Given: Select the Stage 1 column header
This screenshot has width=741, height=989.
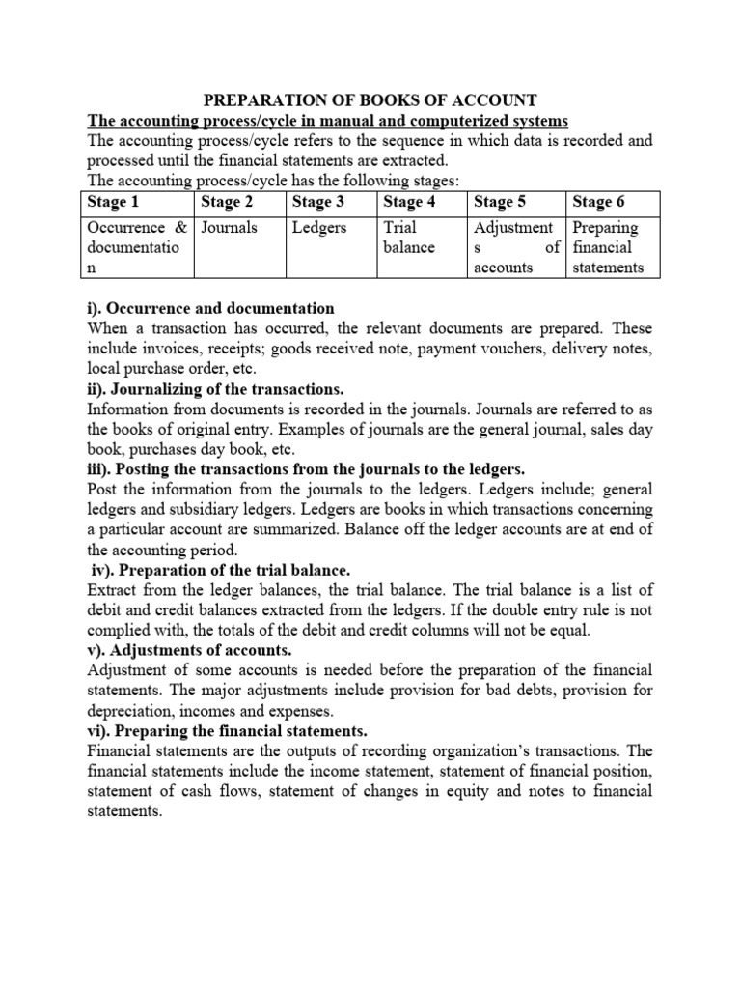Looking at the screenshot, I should pyautogui.click(x=113, y=202).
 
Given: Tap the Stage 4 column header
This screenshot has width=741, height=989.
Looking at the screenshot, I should pyautogui.click(x=409, y=202).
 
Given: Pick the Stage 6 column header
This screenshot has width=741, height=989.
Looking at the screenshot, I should pyautogui.click(x=598, y=202).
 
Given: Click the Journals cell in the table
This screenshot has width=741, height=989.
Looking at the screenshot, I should pyautogui.click(x=228, y=228).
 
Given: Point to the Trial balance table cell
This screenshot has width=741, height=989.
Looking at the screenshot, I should pyautogui.click(x=409, y=238).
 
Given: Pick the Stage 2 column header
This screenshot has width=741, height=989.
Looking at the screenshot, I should pyautogui.click(x=227, y=202).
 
